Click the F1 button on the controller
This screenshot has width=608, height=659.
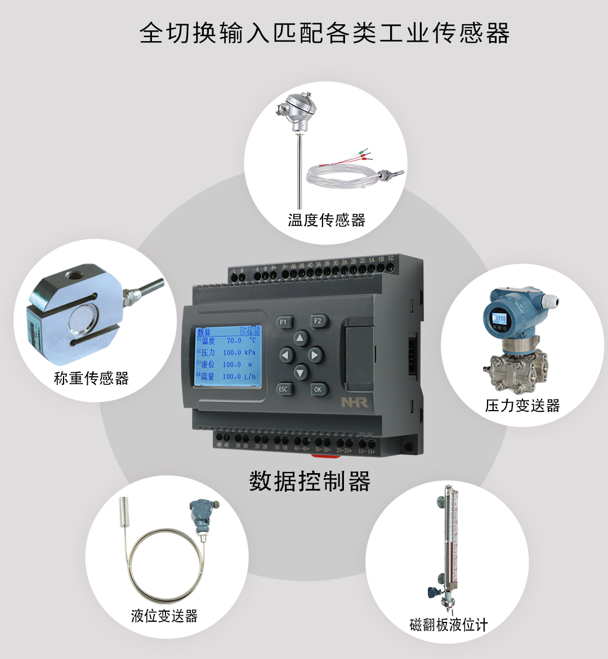click(284, 322)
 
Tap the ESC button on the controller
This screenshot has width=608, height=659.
click(283, 389)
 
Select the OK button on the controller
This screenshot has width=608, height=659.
click(318, 389)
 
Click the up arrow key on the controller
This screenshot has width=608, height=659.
click(301, 338)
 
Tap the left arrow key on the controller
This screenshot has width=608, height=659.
click(287, 355)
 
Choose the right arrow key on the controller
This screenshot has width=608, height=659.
click(315, 355)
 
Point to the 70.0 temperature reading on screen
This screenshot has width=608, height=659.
click(234, 341)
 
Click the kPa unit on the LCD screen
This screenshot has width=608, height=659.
click(250, 353)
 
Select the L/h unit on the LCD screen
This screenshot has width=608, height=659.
click(250, 377)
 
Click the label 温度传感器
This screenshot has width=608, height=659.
click(327, 220)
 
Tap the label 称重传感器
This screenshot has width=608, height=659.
click(91, 378)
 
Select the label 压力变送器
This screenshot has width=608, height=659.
click(522, 406)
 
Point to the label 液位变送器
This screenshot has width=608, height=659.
click(164, 616)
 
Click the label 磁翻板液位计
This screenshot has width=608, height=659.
click(449, 625)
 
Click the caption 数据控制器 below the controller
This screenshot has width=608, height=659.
click(310, 482)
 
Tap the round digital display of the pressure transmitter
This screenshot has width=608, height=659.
click(499, 319)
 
